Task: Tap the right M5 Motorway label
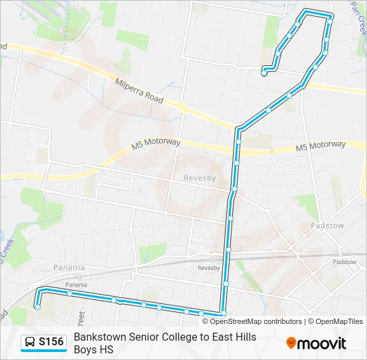(x=321, y=145)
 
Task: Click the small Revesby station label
(x=208, y=267)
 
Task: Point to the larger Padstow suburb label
(x=327, y=226)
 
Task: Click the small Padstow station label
(x=344, y=262)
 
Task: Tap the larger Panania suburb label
(x=69, y=267)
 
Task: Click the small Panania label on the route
(x=76, y=285)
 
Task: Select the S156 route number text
(x=51, y=342)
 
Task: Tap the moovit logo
(x=316, y=343)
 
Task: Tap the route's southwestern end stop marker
(x=38, y=307)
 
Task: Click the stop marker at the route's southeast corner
(x=224, y=313)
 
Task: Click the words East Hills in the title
(x=235, y=337)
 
